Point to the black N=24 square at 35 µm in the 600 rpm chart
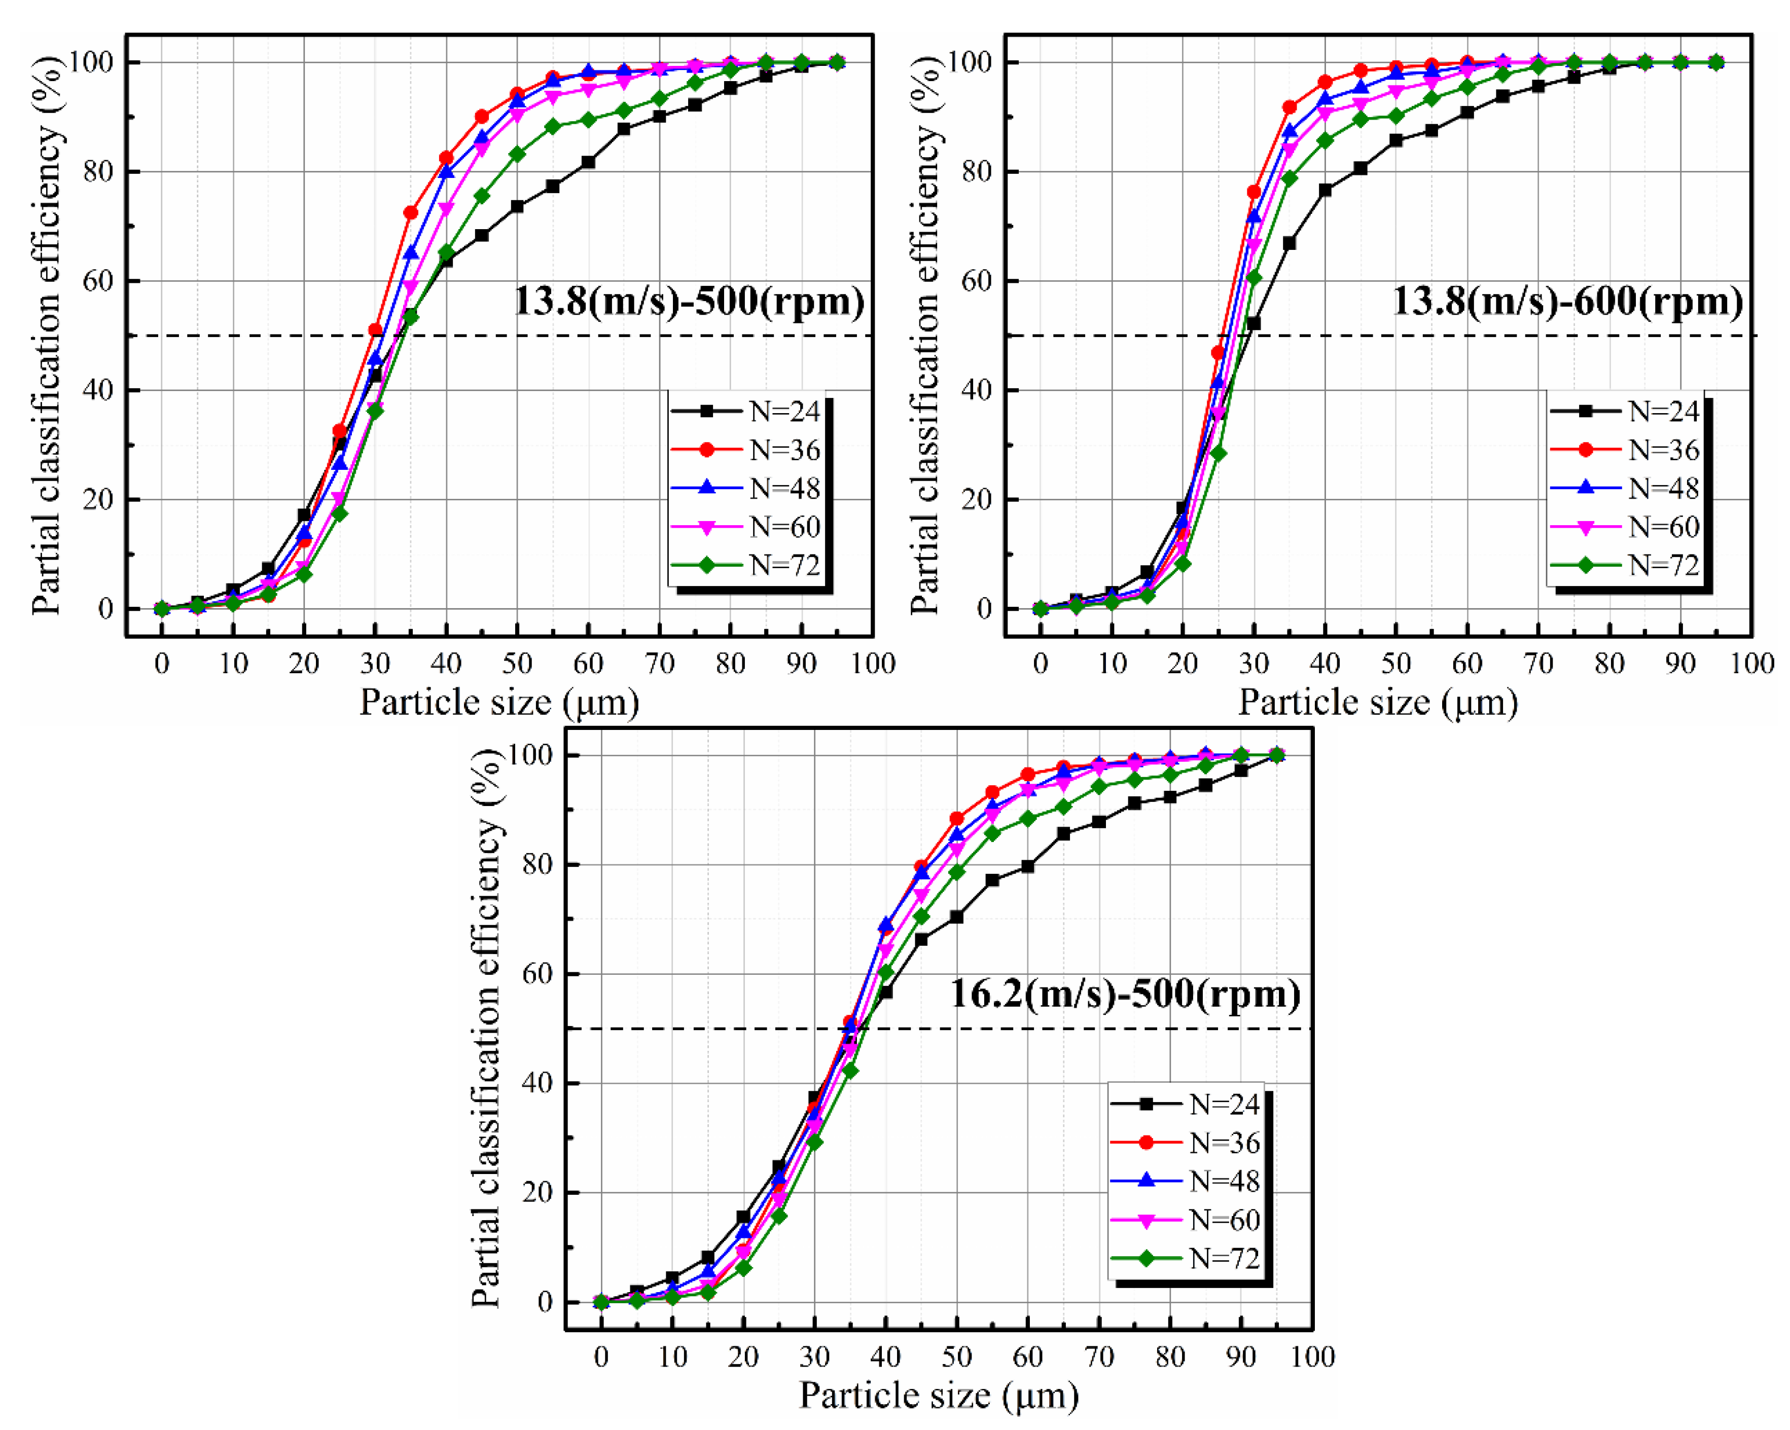1290,243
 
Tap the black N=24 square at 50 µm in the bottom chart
956,917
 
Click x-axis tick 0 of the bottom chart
601,1357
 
